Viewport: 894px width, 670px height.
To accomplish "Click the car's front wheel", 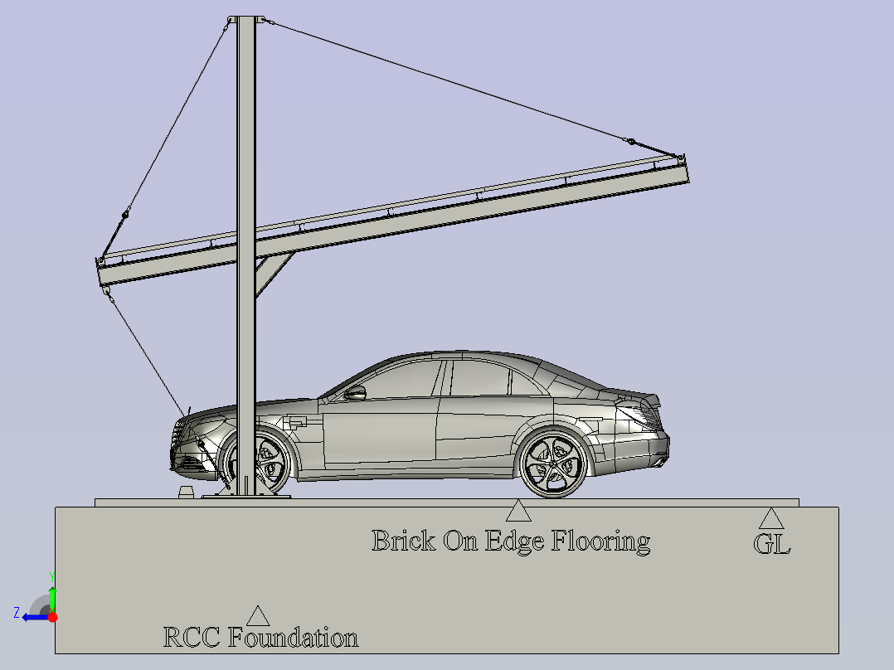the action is coord(260,462).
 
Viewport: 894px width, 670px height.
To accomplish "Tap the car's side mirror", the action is coord(355,393).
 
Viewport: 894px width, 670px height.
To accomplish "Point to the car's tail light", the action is coord(644,415).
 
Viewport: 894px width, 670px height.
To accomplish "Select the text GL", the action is coord(772,544).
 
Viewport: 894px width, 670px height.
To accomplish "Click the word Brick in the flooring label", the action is coord(403,541).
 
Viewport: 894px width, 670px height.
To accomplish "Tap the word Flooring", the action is coord(600,541).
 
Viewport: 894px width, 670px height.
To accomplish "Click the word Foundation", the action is coord(293,638).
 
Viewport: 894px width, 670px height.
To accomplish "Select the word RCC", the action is coord(192,638).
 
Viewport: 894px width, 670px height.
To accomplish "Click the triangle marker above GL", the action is coord(771,518).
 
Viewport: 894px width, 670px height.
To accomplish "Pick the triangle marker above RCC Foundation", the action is coord(258,616).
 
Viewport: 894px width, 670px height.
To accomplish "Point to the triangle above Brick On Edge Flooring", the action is coord(518,510).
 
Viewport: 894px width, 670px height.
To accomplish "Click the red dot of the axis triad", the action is coord(53,617).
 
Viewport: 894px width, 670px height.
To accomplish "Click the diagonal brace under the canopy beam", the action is coord(274,274).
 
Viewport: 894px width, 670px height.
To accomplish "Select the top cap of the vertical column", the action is coord(245,19).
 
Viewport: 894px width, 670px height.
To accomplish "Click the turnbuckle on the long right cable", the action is coord(630,141).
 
